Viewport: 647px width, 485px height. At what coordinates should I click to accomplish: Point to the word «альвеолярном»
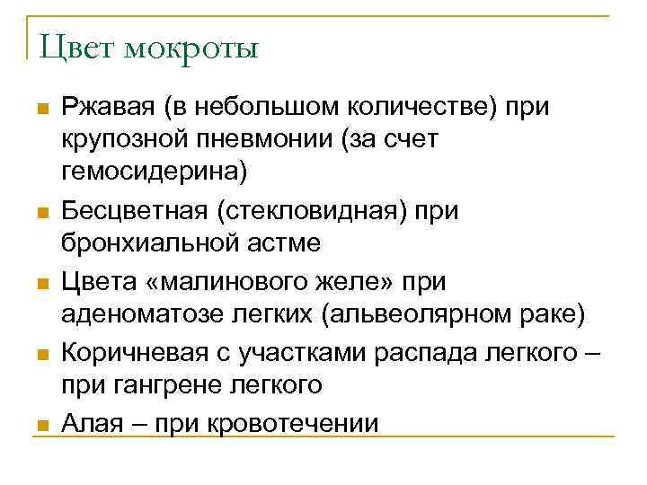(x=414, y=313)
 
